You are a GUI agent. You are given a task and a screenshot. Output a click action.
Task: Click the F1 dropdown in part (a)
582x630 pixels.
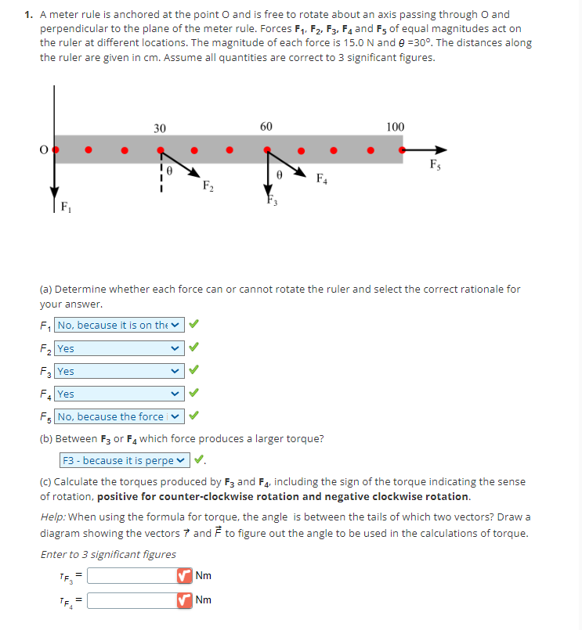click(x=120, y=325)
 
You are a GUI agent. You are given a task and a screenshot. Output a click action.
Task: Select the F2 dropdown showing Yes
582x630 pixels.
click(x=120, y=348)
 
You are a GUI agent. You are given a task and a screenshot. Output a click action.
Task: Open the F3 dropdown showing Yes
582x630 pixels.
click(x=120, y=371)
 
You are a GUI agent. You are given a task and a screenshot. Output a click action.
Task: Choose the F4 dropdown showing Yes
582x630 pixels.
click(x=120, y=394)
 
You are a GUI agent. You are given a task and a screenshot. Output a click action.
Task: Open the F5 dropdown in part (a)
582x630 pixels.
click(x=120, y=416)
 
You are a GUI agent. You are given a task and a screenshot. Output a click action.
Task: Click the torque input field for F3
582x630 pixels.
click(x=132, y=576)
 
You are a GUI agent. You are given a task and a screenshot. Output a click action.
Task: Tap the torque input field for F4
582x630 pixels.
click(x=132, y=600)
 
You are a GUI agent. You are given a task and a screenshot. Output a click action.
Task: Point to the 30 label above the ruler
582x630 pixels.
click(x=159, y=128)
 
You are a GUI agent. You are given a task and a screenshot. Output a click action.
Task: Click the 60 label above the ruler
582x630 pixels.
click(x=266, y=127)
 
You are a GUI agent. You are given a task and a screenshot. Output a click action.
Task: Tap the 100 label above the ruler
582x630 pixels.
click(x=396, y=127)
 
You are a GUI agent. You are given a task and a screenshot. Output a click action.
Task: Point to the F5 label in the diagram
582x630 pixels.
click(x=435, y=164)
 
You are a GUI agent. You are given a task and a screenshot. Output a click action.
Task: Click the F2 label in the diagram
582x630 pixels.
click(x=208, y=185)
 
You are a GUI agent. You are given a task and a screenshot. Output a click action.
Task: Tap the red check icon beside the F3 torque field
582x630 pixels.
click(x=185, y=576)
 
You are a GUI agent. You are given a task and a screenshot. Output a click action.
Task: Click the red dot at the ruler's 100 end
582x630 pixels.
click(x=403, y=148)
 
